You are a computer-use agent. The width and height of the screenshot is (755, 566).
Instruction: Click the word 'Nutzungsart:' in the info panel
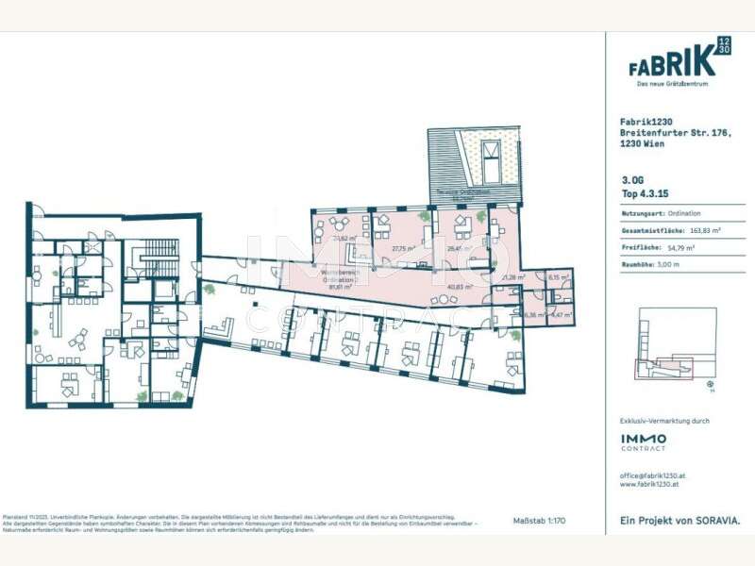tap(639, 215)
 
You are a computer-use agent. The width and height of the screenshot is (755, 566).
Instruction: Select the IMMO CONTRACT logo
tap(643, 441)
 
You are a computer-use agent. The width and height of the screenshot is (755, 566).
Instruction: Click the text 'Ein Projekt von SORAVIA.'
tap(679, 520)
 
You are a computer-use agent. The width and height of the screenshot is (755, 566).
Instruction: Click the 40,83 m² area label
tap(459, 287)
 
